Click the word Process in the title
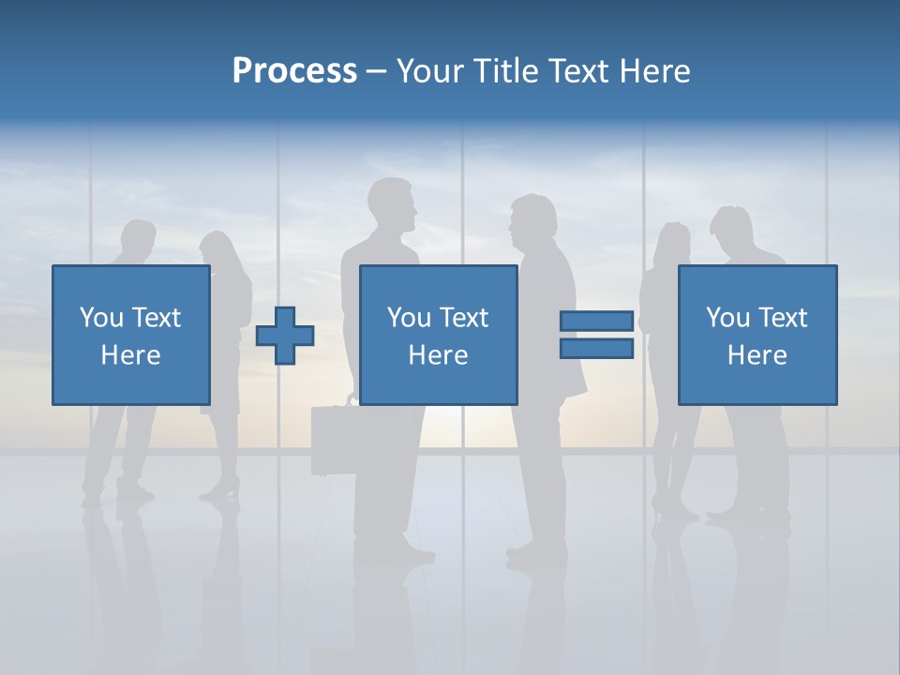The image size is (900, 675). [294, 71]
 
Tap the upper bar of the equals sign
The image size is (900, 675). [596, 322]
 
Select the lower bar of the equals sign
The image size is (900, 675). [596, 348]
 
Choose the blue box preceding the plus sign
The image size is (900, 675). [130, 335]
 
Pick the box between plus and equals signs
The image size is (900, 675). [438, 335]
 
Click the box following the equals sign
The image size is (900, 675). [757, 335]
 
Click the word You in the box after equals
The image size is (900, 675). [728, 318]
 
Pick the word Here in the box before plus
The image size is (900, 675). [130, 355]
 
